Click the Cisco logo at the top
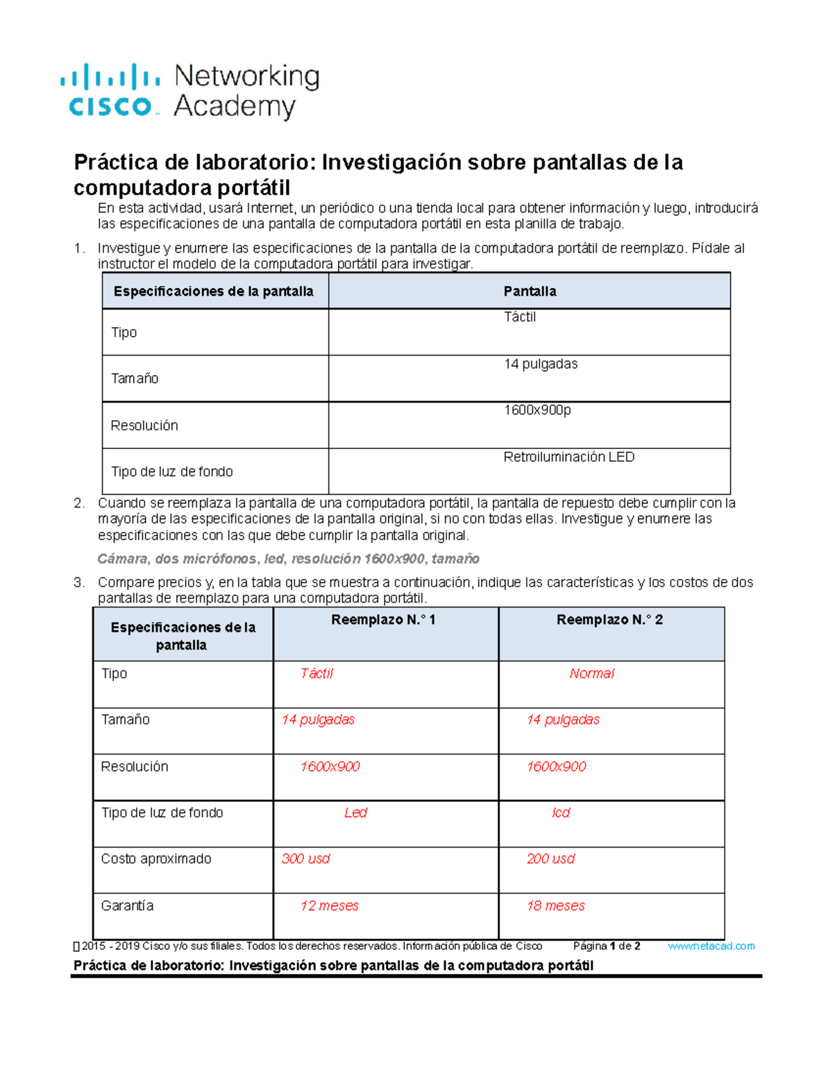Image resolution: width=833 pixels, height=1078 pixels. [110, 90]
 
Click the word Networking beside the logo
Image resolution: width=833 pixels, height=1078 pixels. [246, 76]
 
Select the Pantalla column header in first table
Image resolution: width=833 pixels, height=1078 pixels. [530, 292]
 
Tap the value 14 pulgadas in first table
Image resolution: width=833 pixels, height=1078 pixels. [541, 364]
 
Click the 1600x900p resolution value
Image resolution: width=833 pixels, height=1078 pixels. [537, 410]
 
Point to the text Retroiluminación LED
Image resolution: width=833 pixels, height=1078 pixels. [569, 457]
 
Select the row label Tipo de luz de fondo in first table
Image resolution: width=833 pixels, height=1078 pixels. [171, 471]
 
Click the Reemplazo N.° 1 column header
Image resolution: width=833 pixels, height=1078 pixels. [383, 620]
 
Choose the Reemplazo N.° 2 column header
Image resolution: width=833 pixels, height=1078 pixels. [609, 620]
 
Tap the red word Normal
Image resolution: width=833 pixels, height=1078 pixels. [591, 673]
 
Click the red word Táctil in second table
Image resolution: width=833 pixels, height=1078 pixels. [317, 673]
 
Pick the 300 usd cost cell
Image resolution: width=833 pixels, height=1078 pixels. [305, 859]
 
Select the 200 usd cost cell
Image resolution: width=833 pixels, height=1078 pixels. [550, 859]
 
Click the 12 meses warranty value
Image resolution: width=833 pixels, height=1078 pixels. [329, 906]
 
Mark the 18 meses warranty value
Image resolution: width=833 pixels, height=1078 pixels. [555, 906]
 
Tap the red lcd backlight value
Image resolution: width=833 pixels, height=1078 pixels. [561, 813]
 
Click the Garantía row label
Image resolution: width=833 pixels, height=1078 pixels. [127, 906]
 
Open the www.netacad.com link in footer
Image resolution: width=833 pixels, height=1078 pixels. [711, 946]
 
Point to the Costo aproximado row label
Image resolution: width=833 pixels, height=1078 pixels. [156, 859]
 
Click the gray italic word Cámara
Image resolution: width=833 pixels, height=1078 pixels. [123, 559]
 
